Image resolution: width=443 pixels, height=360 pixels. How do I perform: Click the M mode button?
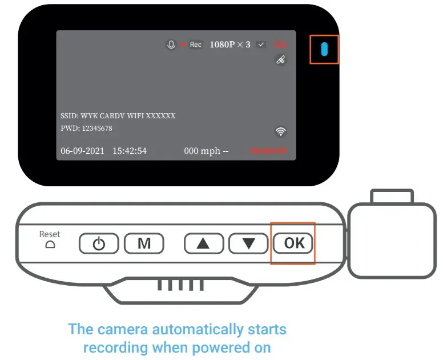[144, 243]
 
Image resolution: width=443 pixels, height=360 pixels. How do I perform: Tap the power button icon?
[99, 243]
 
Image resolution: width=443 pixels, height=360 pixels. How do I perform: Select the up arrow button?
[203, 243]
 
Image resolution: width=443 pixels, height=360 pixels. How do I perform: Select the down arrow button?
[248, 243]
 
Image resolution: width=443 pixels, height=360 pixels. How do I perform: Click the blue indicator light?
[324, 50]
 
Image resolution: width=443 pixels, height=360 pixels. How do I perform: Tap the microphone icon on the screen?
[171, 45]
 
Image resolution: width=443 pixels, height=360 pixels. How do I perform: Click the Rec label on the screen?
[196, 45]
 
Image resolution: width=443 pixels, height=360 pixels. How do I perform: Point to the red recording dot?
[183, 45]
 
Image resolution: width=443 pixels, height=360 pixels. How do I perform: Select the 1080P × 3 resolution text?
[229, 45]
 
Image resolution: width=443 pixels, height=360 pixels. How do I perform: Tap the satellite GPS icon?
[280, 60]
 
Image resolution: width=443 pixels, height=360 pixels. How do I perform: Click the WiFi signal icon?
[280, 132]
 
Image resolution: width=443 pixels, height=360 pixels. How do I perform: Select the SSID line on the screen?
[118, 115]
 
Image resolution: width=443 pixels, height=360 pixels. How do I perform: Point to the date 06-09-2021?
[82, 151]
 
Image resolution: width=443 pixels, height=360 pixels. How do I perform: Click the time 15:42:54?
[130, 151]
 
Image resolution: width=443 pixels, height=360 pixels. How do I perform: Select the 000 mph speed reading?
[202, 151]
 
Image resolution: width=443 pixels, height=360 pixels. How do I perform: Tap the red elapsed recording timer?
[268, 151]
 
